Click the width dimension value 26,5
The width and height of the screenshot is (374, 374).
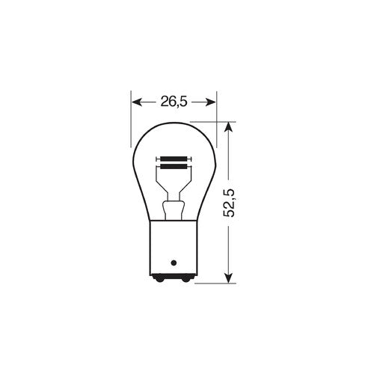(x=174, y=100)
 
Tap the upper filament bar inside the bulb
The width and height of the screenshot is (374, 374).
(x=174, y=159)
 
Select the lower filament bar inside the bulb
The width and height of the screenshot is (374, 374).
(x=174, y=166)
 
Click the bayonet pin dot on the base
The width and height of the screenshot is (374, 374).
(x=174, y=263)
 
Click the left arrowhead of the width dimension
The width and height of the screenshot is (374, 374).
(x=135, y=100)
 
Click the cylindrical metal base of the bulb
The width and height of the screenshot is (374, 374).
(x=174, y=247)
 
